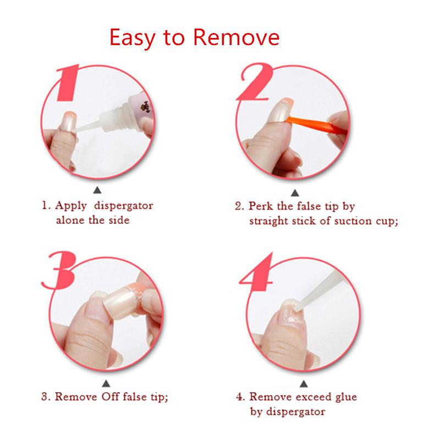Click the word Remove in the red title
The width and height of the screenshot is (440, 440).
click(x=237, y=37)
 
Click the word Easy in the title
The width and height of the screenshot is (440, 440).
click(x=132, y=38)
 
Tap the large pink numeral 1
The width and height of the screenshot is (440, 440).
click(x=67, y=82)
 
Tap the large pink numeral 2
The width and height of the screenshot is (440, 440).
click(x=254, y=81)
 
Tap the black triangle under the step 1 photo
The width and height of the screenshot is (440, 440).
click(x=97, y=190)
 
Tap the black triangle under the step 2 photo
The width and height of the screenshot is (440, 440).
click(x=295, y=193)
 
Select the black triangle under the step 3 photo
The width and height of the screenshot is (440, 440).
click(x=106, y=383)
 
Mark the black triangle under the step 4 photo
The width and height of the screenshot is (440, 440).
click(x=304, y=383)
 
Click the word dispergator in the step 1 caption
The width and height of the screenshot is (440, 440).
click(x=123, y=206)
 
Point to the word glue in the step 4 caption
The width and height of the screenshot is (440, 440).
click(x=345, y=397)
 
